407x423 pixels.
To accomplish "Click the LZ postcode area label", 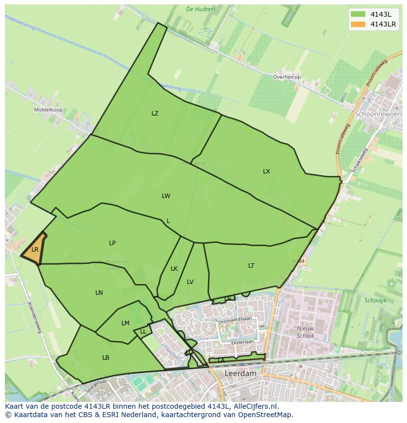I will [x=155, y=113].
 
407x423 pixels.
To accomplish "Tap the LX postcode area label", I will [x=266, y=171].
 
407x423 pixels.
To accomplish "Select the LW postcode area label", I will [x=166, y=196].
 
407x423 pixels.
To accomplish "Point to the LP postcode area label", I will [x=113, y=243].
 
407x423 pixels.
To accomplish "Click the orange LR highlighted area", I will [x=34, y=250].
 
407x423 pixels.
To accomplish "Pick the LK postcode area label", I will [x=174, y=269].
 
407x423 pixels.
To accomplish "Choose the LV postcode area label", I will [x=190, y=282].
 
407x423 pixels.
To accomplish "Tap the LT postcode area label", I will [x=251, y=266].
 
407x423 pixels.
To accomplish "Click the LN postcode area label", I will [x=99, y=293].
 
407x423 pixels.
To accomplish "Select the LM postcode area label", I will [x=125, y=323].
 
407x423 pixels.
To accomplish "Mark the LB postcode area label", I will [x=106, y=358].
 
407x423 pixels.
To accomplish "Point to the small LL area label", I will [x=143, y=332].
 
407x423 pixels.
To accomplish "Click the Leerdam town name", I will [x=240, y=373].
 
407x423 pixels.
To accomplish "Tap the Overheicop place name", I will [x=287, y=77].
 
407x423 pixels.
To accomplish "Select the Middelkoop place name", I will [x=48, y=110].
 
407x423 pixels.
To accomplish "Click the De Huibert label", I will [x=201, y=9].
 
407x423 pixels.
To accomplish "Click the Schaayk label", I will [x=376, y=300].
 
